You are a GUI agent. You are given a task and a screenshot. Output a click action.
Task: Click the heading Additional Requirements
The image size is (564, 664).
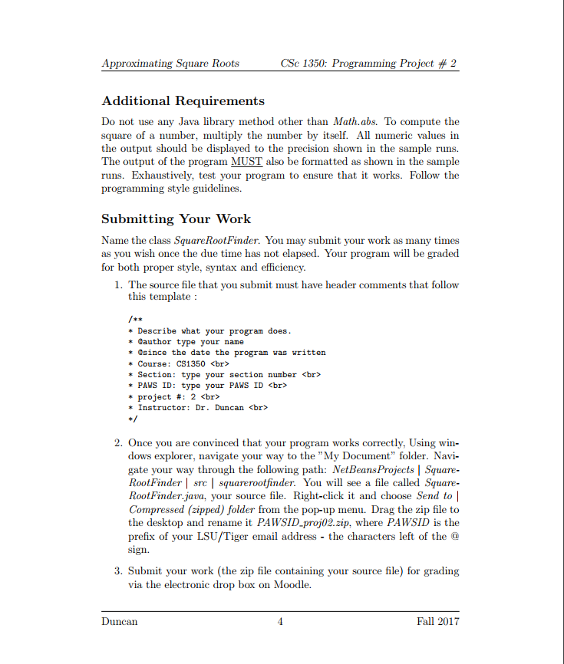[x=183, y=101]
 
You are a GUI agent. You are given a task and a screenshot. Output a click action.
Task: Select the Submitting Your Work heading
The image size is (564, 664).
[x=176, y=219]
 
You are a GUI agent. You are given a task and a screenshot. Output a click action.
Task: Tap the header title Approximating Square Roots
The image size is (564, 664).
[x=170, y=64]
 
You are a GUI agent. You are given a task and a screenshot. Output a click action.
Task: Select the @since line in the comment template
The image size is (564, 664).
[x=231, y=353]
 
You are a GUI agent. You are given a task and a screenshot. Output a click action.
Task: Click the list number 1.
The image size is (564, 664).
[x=118, y=285]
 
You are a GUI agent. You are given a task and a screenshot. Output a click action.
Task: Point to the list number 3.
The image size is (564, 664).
[x=118, y=571]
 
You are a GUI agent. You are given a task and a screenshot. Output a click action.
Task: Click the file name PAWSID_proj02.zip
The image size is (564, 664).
[x=300, y=522]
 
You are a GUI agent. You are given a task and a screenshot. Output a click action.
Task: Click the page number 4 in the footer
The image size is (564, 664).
[x=280, y=622]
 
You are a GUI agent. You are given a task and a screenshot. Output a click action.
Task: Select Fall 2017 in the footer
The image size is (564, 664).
[x=437, y=622]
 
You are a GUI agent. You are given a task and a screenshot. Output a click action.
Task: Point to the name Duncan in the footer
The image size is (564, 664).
[x=120, y=622]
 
